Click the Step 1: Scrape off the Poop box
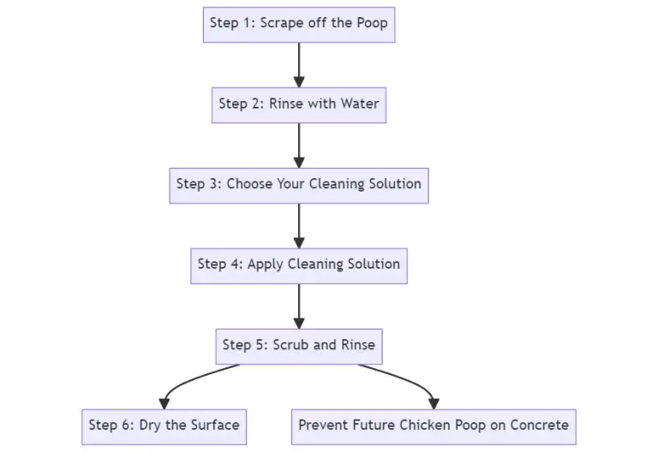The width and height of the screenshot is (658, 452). coord(299,23)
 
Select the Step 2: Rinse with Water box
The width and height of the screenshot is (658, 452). coord(299,104)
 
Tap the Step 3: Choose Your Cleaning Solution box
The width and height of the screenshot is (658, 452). coord(299,184)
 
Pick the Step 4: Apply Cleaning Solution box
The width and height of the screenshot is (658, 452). coord(299,265)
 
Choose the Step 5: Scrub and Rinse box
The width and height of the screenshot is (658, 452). coord(299,345)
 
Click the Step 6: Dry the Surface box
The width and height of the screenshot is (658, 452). coord(164,425)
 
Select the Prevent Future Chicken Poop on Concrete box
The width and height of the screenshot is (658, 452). coord(434,425)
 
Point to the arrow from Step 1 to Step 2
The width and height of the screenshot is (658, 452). coord(299,62)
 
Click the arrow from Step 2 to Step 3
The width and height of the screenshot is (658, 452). coord(299,143)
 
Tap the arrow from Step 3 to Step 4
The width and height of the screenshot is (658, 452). coord(299,223)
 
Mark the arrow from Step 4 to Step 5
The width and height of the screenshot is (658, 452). coord(299,304)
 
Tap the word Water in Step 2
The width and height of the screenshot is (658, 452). coord(359,104)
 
